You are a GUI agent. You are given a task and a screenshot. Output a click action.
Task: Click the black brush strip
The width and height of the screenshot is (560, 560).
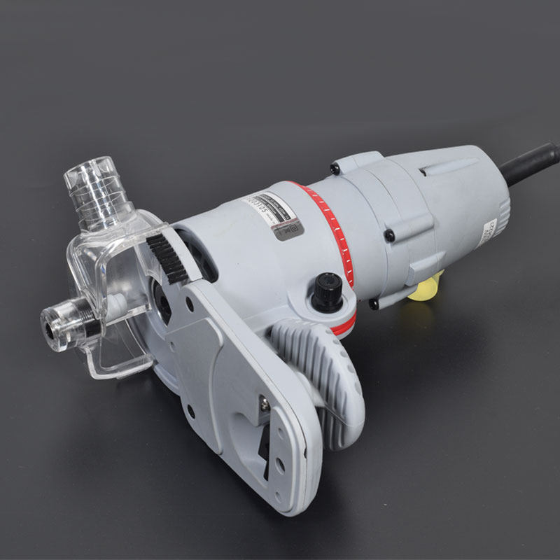tap(168, 258)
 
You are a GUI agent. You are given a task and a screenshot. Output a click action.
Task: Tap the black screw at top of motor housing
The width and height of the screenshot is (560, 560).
tap(336, 168)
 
